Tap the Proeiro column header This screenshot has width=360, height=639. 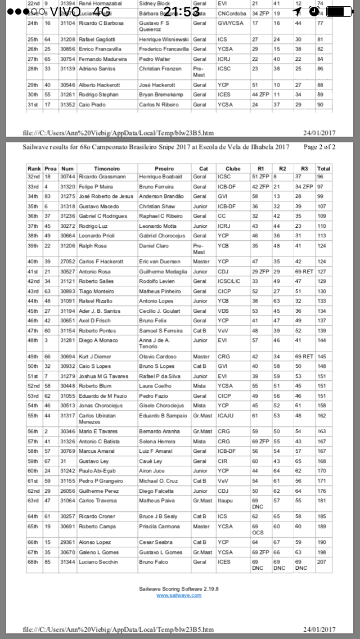pyautogui.click(x=164, y=168)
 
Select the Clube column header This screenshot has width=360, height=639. pyautogui.click(x=232, y=168)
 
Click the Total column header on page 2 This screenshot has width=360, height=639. pyautogui.click(x=323, y=168)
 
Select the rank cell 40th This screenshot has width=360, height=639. pyautogui.click(x=34, y=262)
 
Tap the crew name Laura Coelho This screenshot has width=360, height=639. pyautogui.click(x=155, y=402)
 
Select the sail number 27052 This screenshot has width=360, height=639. pyautogui.click(x=67, y=262)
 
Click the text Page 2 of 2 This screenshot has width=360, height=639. pyautogui.click(x=319, y=147)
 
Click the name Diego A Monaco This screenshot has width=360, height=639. pyautogui.click(x=99, y=340)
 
